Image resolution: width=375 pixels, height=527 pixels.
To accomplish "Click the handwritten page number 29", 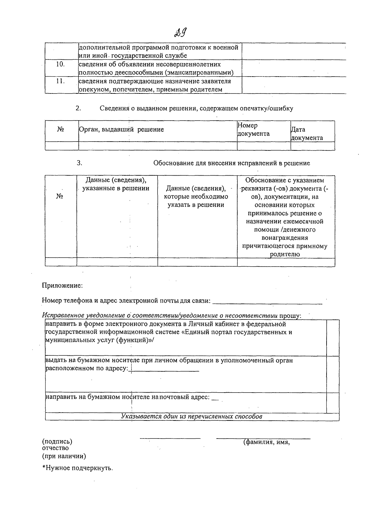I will point(181,33).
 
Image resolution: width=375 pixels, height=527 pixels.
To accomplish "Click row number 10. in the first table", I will point(60,64).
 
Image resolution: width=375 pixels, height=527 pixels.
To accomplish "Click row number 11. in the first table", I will point(60,81).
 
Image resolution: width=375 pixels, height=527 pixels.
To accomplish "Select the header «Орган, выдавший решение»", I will point(121,129).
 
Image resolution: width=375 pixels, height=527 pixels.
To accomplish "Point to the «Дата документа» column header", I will point(307,134).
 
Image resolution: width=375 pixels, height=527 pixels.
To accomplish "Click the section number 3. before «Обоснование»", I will point(79,163).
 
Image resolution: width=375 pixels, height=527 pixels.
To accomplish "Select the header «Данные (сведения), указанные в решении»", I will point(116,184).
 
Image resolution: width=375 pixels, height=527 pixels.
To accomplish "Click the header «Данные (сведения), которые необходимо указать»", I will point(196,197).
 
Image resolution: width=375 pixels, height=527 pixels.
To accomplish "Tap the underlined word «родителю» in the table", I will point(285,254).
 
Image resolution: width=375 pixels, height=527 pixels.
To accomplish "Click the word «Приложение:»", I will point(62,285).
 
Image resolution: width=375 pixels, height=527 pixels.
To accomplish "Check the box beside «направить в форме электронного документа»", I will point(332,338).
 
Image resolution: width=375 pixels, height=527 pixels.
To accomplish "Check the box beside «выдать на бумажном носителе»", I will point(332,374).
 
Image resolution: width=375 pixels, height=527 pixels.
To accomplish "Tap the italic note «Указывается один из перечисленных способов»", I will point(192,417).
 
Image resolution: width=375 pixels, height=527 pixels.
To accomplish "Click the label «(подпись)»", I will point(57,442).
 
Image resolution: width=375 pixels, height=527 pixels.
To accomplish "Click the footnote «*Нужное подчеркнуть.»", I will point(77,468).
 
